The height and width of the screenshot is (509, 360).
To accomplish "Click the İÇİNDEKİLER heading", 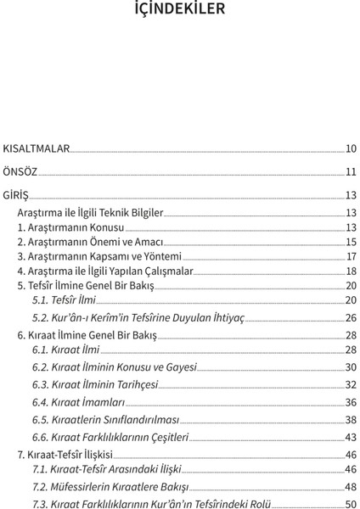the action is point(180,10).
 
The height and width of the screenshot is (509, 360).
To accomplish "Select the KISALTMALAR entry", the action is point(36,148).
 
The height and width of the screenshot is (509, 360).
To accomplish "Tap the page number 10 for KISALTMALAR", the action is point(350,148).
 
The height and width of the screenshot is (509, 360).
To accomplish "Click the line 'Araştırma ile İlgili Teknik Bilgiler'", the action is point(90,212).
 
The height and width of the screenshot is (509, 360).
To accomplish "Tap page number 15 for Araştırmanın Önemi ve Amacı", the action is point(350,242).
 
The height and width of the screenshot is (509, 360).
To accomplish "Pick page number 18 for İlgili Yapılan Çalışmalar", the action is point(350,271).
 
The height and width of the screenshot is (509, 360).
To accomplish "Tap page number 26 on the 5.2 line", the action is point(350,317).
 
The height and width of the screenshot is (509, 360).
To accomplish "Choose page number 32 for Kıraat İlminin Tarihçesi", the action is point(350,384).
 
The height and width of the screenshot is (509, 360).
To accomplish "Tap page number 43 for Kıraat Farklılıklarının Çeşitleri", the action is point(350,437).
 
